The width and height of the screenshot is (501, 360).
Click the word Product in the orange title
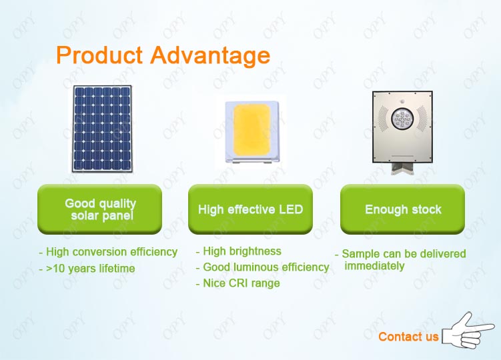[99, 55]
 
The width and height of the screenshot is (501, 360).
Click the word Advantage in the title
[210, 57]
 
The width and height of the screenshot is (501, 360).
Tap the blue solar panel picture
[102, 129]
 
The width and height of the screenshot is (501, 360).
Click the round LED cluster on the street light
[402, 119]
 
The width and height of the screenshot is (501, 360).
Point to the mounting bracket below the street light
[402, 169]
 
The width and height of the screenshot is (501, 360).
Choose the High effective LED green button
[251, 209]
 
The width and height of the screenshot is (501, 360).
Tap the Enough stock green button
[402, 209]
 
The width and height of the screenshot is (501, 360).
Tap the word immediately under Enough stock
[374, 266]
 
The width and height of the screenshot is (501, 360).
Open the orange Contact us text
[408, 337]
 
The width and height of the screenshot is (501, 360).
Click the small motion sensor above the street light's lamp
[402, 101]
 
